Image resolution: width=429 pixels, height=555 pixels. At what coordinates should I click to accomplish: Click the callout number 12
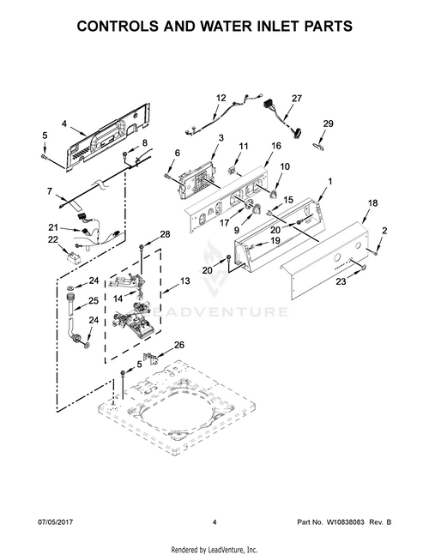coord(221,98)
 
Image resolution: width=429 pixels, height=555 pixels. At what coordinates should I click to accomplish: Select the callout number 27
coord(297,98)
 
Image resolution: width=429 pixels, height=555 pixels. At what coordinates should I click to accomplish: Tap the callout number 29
coord(328,124)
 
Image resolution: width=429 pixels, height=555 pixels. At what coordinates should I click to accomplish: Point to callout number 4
coord(64,124)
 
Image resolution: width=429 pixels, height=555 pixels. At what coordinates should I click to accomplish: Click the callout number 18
coord(372,202)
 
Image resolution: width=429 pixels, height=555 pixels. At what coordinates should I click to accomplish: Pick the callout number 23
coord(341,282)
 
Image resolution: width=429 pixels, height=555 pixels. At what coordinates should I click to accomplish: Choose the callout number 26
coord(179,344)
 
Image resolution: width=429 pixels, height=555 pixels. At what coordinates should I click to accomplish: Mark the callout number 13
coord(185,281)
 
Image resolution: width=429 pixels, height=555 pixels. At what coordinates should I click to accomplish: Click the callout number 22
coord(52,239)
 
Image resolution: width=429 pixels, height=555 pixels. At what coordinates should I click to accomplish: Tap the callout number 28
coord(165,234)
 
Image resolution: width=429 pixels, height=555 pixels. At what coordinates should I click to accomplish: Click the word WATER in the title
coord(200,26)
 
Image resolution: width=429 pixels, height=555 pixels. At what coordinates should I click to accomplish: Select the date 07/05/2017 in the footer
coord(55,522)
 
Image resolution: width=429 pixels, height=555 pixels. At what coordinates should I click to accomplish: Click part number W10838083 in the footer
coord(345,522)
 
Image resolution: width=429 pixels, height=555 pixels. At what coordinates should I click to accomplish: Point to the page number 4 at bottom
coord(214,522)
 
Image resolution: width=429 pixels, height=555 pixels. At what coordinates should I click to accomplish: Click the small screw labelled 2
coord(375,252)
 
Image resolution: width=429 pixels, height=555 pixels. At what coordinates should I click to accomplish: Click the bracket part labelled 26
coord(150,359)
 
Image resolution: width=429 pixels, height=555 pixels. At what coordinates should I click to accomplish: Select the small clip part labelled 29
coord(317,146)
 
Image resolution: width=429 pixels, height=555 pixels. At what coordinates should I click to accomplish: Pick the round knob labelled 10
coord(274,193)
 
